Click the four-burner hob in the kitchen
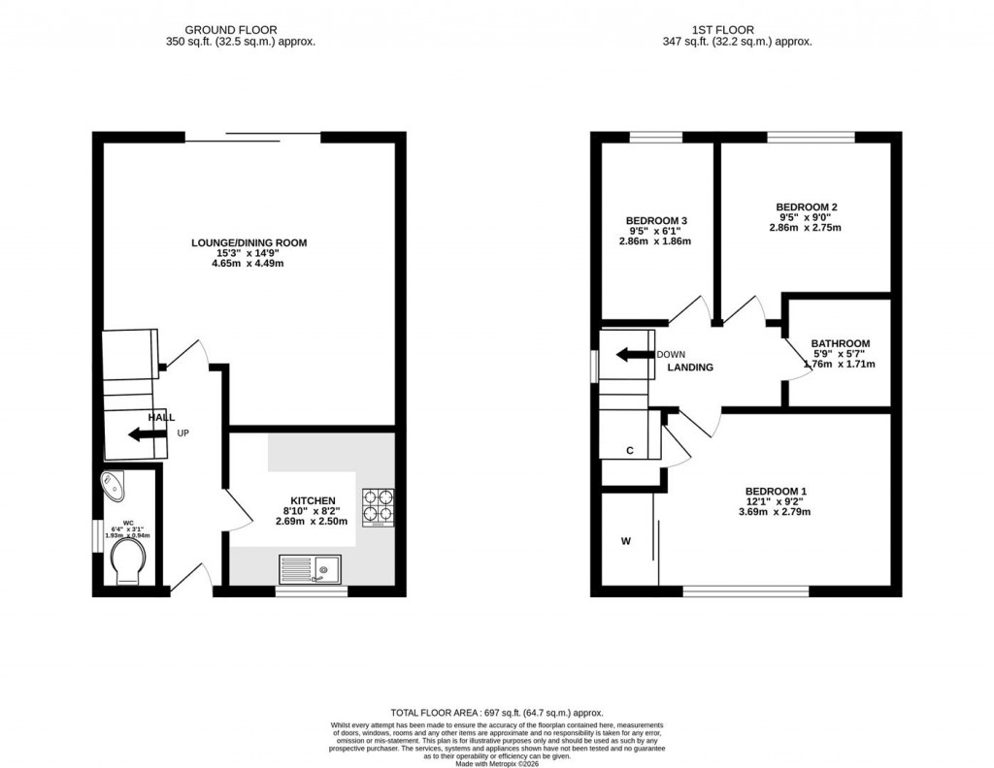(379, 506)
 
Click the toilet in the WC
(128, 563)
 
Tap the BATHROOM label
(841, 343)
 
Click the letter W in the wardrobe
(626, 540)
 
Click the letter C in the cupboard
(630, 451)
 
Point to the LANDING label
(690, 368)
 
